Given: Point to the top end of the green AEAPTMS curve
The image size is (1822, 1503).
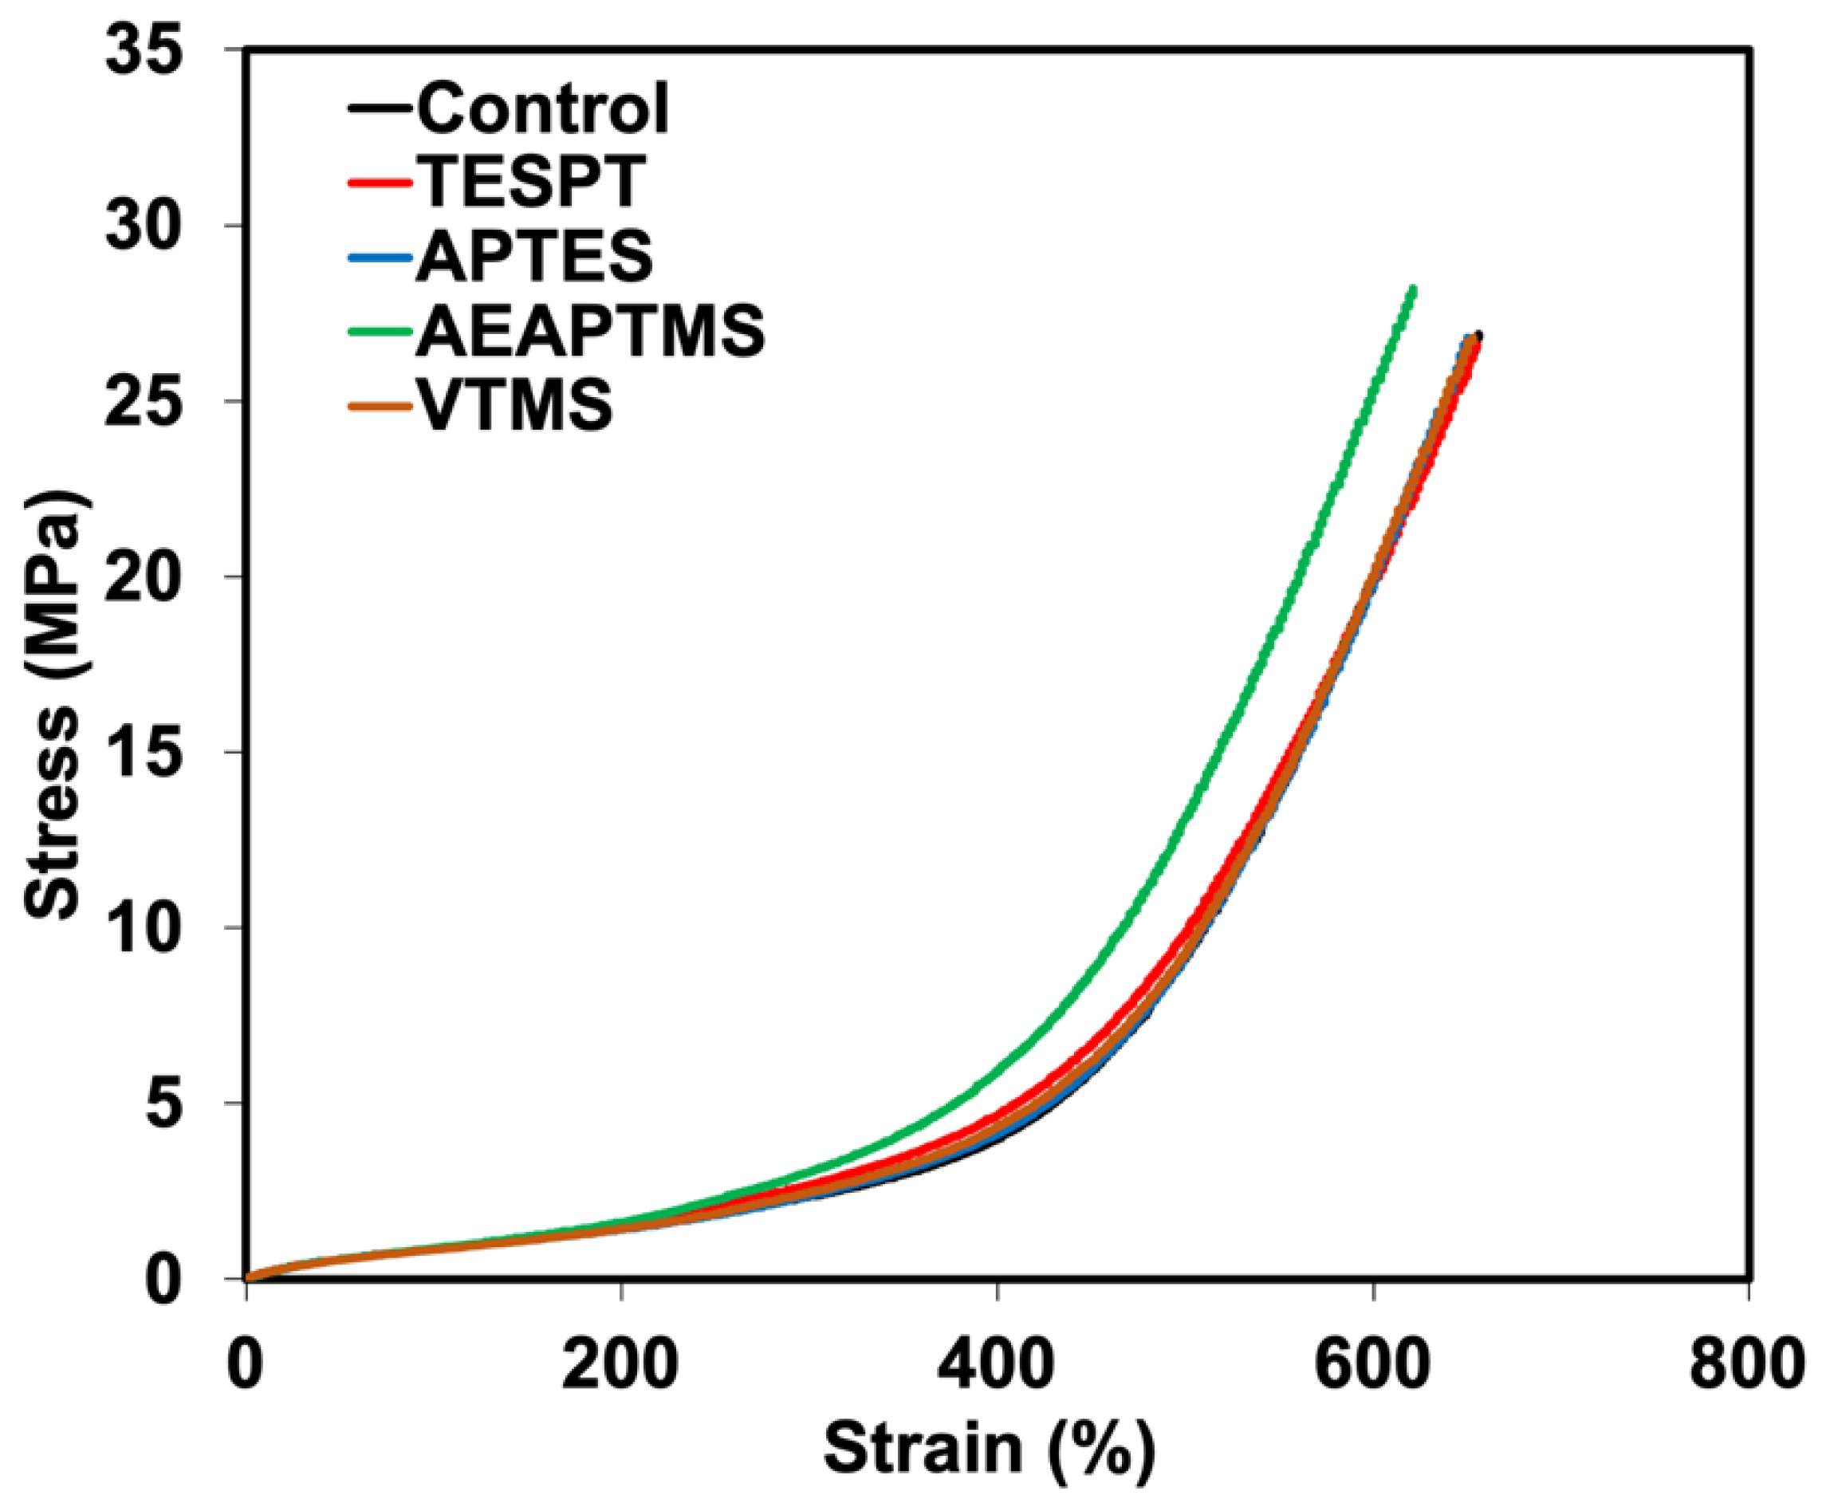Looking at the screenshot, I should [1413, 289].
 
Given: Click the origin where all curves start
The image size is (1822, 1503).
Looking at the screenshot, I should [248, 1278].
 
